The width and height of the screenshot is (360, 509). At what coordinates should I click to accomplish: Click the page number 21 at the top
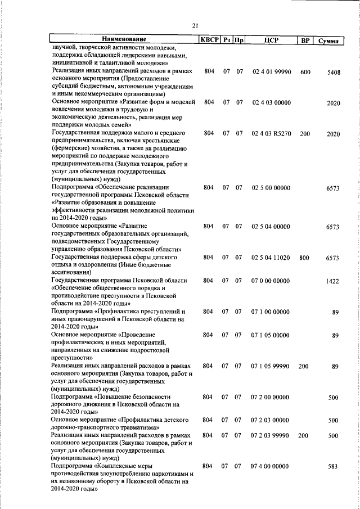(195, 25)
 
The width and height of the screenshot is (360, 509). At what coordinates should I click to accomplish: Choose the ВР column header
(304, 40)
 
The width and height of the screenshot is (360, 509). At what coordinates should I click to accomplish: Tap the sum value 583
(333, 466)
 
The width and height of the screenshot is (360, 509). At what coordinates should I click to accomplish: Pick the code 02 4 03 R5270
(271, 134)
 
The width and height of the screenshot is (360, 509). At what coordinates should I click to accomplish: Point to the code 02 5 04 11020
(271, 258)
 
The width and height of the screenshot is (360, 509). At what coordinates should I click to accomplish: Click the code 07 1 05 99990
(271, 366)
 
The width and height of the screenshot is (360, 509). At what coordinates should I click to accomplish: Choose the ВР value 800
(304, 258)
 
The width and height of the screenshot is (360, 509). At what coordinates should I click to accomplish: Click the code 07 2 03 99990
(271, 435)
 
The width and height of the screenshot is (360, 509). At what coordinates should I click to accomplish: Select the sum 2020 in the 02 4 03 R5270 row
(333, 134)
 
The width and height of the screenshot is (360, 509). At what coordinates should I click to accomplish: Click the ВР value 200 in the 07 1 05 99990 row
(304, 366)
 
